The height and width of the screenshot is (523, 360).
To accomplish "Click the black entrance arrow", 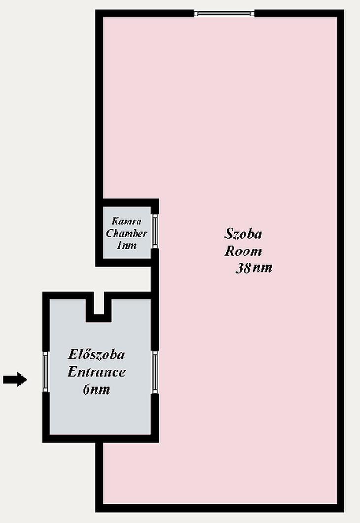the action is pyautogui.click(x=15, y=379).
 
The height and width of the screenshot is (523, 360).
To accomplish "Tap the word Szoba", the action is pyautogui.click(x=243, y=234).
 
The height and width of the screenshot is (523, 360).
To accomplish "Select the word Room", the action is pyautogui.click(x=243, y=251).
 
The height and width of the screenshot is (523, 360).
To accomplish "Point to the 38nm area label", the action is pyautogui.click(x=254, y=268).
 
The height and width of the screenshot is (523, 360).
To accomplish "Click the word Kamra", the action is pyautogui.click(x=126, y=221).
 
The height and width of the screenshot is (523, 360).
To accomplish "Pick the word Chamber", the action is pyautogui.click(x=126, y=233).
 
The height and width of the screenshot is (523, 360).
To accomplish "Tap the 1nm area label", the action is pyautogui.click(x=127, y=245).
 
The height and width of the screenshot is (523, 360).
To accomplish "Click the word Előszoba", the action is pyautogui.click(x=97, y=354).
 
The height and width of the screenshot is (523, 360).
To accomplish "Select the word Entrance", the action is pyautogui.click(x=97, y=372).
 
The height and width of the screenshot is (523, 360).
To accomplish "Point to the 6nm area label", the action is pyautogui.click(x=97, y=389).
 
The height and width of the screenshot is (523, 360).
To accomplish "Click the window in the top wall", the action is pyautogui.click(x=224, y=13).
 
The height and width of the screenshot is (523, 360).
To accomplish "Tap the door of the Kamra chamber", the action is pyautogui.click(x=155, y=231).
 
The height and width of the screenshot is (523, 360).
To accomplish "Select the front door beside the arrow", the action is pyautogui.click(x=46, y=372).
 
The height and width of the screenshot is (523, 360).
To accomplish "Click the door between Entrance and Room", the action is pyautogui.click(x=155, y=372).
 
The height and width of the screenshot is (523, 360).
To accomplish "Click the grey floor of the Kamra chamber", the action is pyautogui.click(x=127, y=233).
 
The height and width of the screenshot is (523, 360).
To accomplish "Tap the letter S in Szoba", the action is pyautogui.click(x=228, y=233).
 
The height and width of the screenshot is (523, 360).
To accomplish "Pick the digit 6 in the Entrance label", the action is pyautogui.click(x=87, y=389).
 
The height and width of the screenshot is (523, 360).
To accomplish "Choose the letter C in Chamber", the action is pyautogui.click(x=109, y=233).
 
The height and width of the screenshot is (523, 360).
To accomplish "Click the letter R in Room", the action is pyautogui.click(x=229, y=251).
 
